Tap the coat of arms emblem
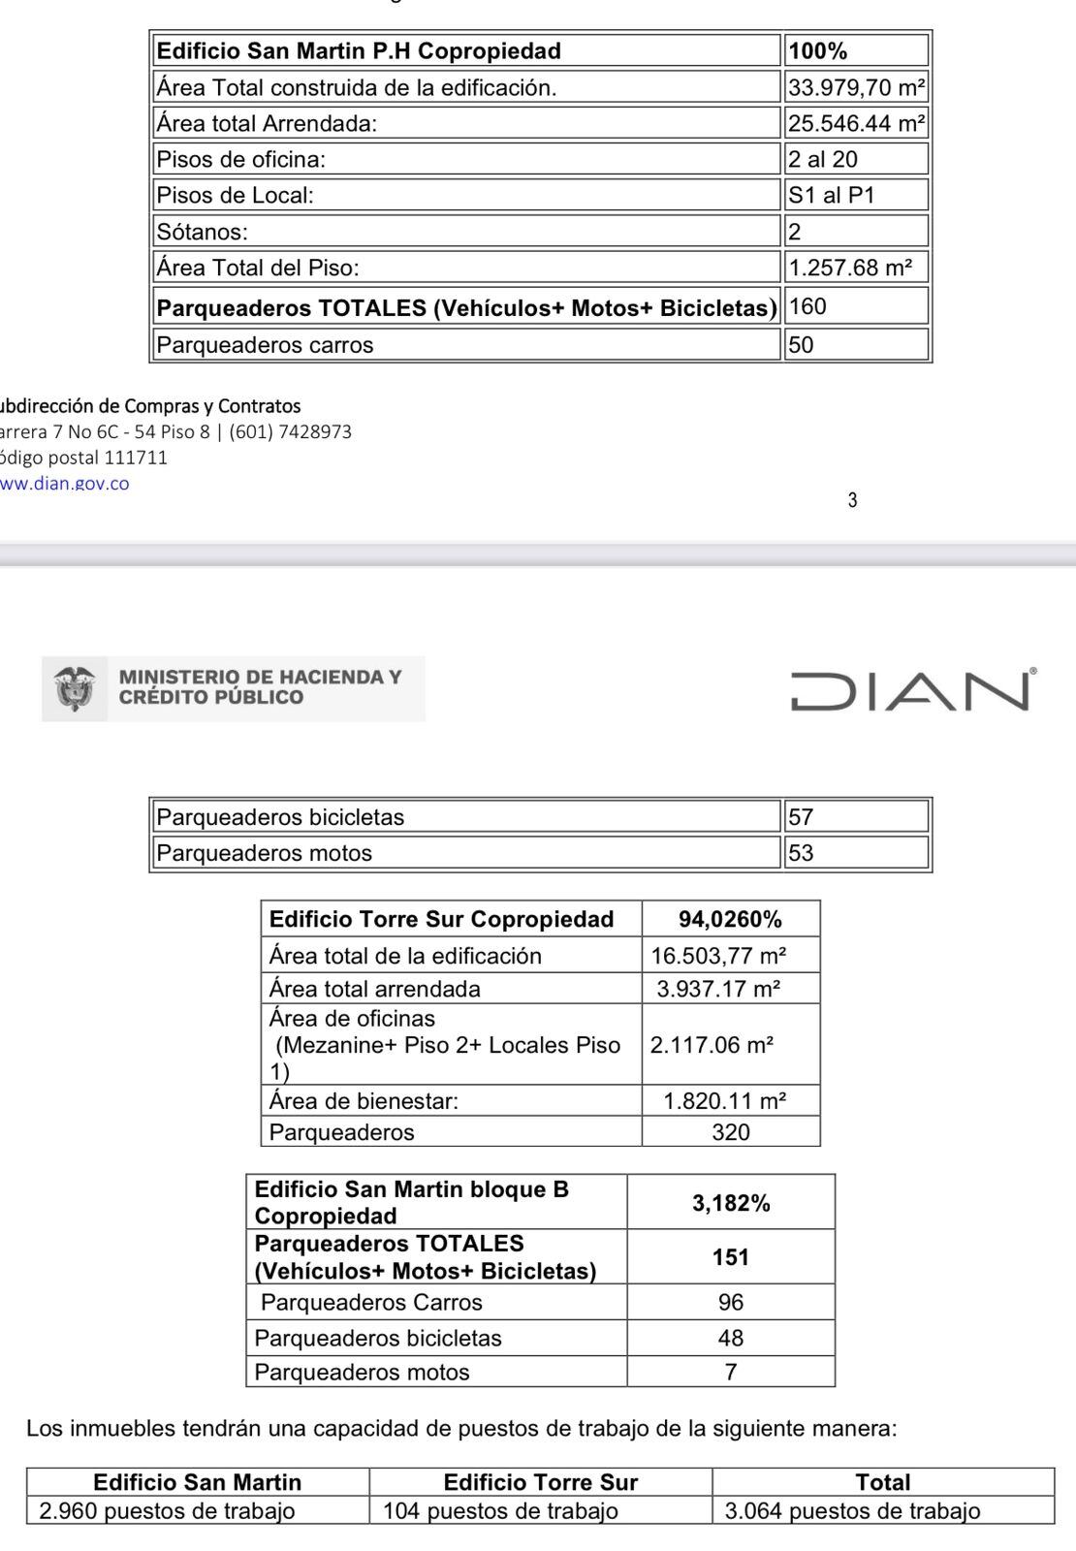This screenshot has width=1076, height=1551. (75, 688)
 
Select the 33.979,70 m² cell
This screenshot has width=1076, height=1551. (856, 88)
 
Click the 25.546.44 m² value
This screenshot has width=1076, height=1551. (856, 124)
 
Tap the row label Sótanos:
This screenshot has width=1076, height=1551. (203, 232)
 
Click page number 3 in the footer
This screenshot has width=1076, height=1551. (852, 501)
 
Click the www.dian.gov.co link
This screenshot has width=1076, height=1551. (64, 484)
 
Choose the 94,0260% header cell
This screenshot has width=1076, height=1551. (730, 919)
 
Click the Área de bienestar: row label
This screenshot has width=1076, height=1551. (364, 1101)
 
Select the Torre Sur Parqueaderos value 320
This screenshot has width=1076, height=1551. (730, 1132)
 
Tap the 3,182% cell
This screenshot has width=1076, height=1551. (731, 1203)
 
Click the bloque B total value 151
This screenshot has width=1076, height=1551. (731, 1257)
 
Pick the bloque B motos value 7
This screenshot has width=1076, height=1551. (731, 1372)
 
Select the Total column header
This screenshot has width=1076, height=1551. (883, 1482)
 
